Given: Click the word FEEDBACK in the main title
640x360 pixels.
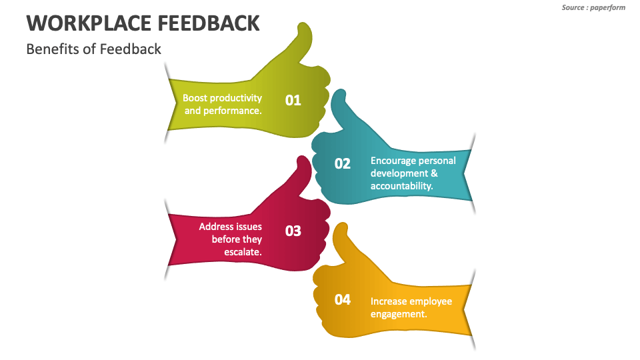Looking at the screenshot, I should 209,23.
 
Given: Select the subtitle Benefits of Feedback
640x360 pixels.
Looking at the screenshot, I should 93,49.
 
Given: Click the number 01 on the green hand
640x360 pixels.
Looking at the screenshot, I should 293,100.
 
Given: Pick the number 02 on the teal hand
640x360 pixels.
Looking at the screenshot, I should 342,163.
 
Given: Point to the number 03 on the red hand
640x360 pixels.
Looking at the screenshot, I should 293,231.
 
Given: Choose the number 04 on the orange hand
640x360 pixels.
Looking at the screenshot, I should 342,299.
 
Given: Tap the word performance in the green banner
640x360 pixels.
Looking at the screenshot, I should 232,111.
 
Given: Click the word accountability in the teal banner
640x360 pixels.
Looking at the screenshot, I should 401,186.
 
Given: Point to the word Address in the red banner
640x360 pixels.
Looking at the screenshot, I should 215,227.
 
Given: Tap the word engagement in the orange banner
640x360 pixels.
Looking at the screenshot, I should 399,314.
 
